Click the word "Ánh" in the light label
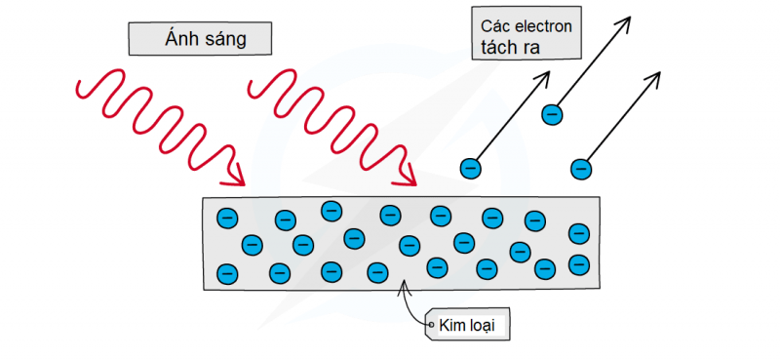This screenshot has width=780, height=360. tap(182, 39)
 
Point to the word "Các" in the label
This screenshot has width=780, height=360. tap(494, 26)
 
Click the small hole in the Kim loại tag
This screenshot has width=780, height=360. tap(431, 325)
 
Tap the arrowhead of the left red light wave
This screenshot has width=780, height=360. tap(236, 174)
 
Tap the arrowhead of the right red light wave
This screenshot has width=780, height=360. tap(408, 174)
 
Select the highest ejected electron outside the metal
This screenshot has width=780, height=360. tap(552, 114)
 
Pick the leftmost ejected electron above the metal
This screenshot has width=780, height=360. tap(471, 168)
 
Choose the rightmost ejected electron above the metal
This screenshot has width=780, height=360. tap(581, 169)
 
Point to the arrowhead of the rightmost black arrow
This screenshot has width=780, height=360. tap(654, 77)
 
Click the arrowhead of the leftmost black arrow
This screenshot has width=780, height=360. tap(545, 77)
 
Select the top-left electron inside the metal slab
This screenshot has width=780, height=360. tap(227, 218)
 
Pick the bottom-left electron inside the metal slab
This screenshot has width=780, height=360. tap(227, 273)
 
